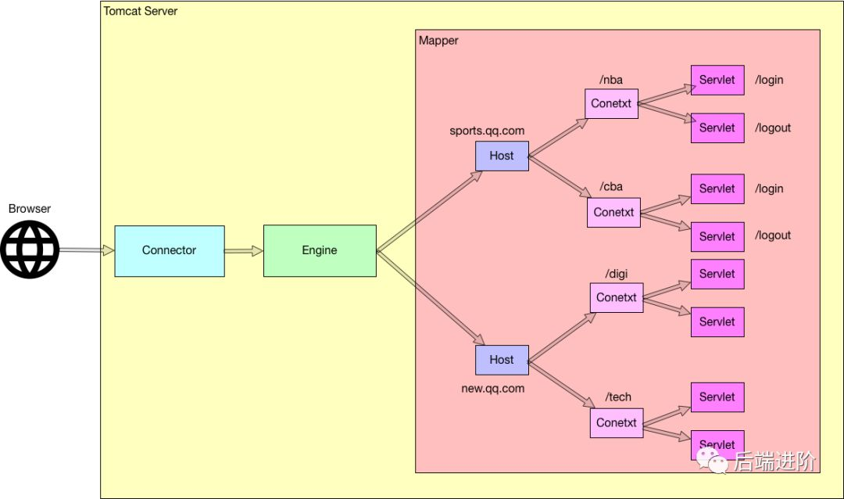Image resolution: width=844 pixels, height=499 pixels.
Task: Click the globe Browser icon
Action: [x=30, y=249]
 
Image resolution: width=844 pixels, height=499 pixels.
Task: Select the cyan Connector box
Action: [x=169, y=250]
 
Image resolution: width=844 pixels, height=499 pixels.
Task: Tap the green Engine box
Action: [x=320, y=250]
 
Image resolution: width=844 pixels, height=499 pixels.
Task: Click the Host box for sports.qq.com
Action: [x=502, y=156]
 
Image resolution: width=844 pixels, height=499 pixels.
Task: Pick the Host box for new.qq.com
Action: [x=502, y=360]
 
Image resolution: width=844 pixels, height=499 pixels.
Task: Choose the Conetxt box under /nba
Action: [x=611, y=103]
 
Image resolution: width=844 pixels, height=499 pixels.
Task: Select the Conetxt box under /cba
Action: [x=613, y=212]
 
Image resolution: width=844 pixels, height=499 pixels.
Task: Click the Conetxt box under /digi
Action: [x=616, y=297]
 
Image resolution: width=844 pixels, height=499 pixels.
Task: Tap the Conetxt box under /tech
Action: [x=616, y=422]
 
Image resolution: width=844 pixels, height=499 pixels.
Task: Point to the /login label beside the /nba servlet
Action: [x=769, y=80]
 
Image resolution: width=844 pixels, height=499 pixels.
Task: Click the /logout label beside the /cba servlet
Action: [x=773, y=235]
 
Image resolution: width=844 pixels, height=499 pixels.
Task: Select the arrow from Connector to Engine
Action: [x=244, y=251]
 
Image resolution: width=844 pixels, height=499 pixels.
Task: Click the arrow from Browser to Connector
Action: [x=87, y=250]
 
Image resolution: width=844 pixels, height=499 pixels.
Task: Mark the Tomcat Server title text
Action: [x=141, y=11]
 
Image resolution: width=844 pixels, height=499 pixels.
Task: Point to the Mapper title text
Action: [x=438, y=41]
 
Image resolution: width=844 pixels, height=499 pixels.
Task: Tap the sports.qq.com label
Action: [x=486, y=131]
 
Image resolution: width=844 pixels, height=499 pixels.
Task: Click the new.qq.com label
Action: [x=492, y=388]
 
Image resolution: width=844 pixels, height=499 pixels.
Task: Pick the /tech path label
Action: [x=618, y=397]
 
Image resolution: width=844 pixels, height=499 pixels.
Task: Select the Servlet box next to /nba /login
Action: [x=717, y=80]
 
